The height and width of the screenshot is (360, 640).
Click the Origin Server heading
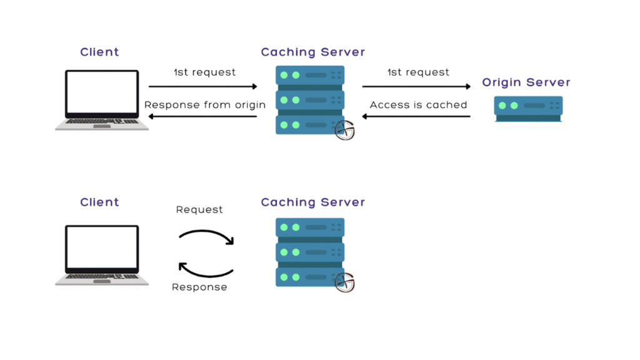point(526,82)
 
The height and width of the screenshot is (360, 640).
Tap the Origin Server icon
point(528,107)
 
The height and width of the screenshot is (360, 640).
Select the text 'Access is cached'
point(418,104)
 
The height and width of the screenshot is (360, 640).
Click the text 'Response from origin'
point(205,104)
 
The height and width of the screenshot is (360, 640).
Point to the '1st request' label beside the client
point(205,72)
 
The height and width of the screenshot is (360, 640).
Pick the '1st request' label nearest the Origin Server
point(418,72)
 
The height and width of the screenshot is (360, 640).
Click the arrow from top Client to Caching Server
point(203,87)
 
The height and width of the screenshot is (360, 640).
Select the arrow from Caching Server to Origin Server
point(416,87)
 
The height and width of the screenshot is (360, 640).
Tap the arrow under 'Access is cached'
point(416,117)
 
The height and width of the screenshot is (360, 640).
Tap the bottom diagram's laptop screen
point(102,248)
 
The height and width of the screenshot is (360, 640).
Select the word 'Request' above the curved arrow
point(199,209)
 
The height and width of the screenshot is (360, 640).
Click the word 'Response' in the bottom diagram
point(199,287)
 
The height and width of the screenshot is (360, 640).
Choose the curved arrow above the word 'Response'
point(206,269)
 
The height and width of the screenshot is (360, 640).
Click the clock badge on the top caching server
point(344,129)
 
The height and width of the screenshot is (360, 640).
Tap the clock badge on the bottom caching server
point(344,282)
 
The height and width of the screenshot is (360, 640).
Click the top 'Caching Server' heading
point(312,52)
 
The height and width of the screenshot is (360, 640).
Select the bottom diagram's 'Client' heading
point(99,202)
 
